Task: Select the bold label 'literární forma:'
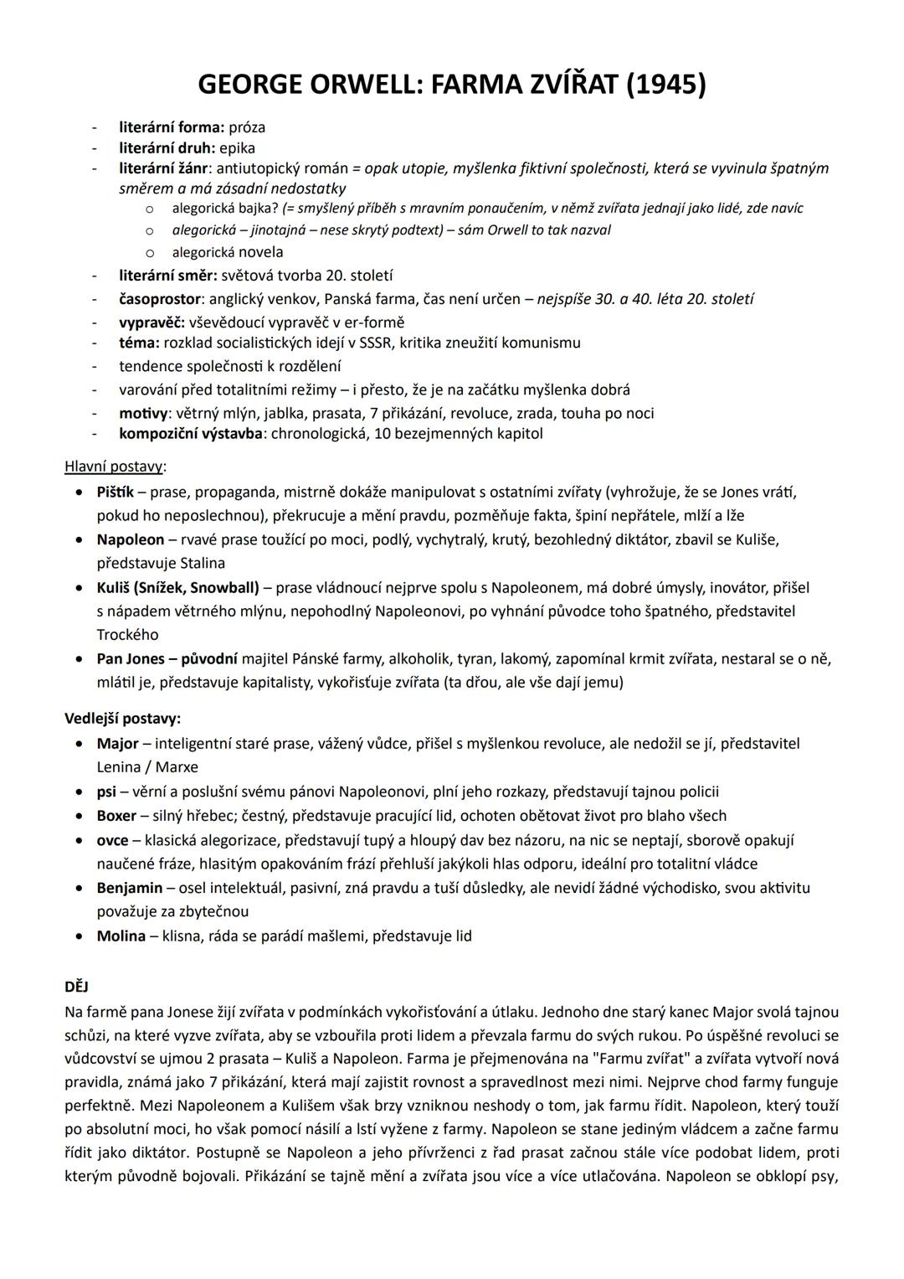point(172,127)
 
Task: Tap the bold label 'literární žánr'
point(163,168)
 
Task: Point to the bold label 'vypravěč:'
point(152,322)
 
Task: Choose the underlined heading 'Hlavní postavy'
point(114,467)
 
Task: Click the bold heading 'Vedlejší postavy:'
point(122,719)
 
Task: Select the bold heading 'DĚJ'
point(76,988)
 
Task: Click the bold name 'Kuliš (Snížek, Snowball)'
point(178,588)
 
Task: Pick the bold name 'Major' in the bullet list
point(117,744)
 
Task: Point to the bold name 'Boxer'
point(116,816)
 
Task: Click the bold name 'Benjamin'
point(129,888)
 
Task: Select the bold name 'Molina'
point(121,936)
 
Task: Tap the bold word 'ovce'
point(112,840)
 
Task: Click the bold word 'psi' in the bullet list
point(106,792)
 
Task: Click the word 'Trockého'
point(127,635)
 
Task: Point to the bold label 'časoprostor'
point(160,299)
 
